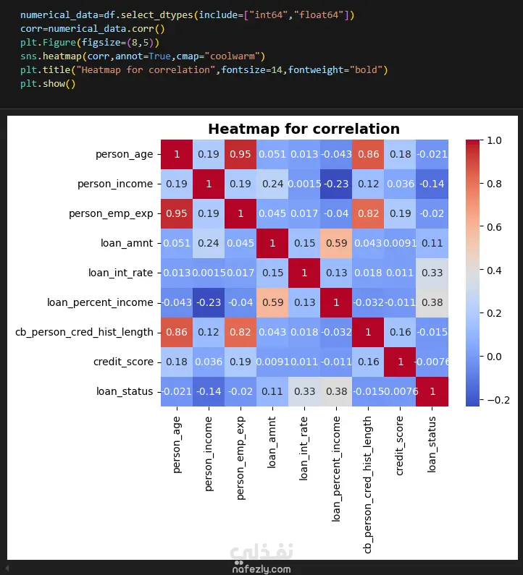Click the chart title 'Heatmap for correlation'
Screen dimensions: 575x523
pyautogui.click(x=304, y=129)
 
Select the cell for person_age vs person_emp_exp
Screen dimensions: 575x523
pyautogui.click(x=240, y=154)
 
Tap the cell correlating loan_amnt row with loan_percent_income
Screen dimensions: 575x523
pyautogui.click(x=336, y=243)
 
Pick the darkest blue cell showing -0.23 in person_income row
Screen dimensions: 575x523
pyautogui.click(x=336, y=184)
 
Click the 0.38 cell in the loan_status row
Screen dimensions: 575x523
pyautogui.click(x=336, y=391)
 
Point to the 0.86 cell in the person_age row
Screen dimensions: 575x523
pyautogui.click(x=369, y=154)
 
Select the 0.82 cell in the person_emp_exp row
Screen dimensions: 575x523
pyautogui.click(x=369, y=213)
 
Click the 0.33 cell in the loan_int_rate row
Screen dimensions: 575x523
pyautogui.click(x=433, y=273)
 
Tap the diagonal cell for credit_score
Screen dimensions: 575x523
pyautogui.click(x=401, y=362)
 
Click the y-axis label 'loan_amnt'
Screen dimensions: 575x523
pyautogui.click(x=128, y=243)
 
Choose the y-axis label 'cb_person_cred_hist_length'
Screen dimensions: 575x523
pyautogui.click(x=84, y=332)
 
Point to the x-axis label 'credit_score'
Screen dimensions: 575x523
pyautogui.click(x=401, y=445)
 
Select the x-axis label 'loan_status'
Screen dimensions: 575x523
pyautogui.click(x=433, y=444)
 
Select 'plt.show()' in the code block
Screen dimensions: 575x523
pyautogui.click(x=48, y=84)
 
